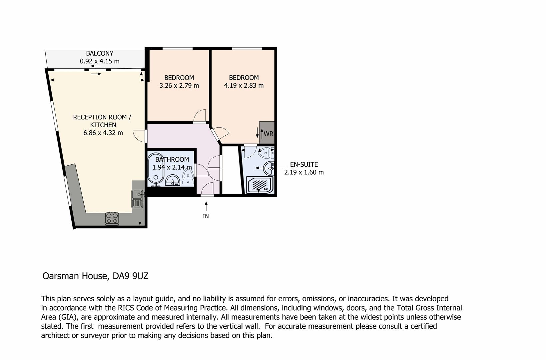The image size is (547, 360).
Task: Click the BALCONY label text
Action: tap(100, 53)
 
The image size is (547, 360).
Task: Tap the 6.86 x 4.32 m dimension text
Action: tap(103, 133)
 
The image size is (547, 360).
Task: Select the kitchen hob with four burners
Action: tap(112, 218)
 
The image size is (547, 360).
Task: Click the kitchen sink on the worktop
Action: tap(138, 199)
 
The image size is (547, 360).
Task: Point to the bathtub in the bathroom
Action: tap(156, 169)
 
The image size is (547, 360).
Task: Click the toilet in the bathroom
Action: tap(188, 176)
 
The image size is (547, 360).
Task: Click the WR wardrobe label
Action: tap(269, 134)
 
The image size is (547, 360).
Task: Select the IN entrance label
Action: tap(206, 216)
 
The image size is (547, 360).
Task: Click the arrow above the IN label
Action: tap(206, 206)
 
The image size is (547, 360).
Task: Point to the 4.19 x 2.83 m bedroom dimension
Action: tap(244, 86)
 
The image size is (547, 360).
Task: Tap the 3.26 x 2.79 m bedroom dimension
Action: tap(179, 86)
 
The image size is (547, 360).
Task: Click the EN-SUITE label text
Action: tap(304, 164)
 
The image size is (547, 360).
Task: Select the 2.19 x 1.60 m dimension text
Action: tap(304, 172)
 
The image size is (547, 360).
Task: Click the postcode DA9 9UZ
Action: tap(130, 276)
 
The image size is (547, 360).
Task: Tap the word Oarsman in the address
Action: tap(61, 276)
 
